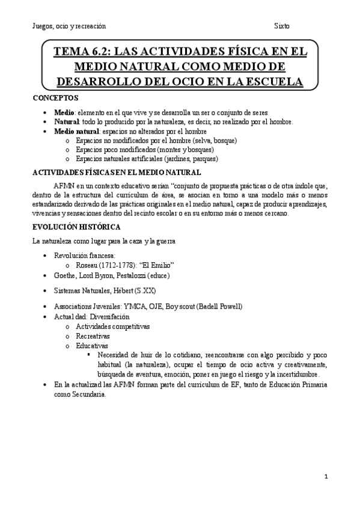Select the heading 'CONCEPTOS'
(x=55, y=97)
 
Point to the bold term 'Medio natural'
(x=77, y=131)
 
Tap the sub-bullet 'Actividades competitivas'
(x=113, y=326)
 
